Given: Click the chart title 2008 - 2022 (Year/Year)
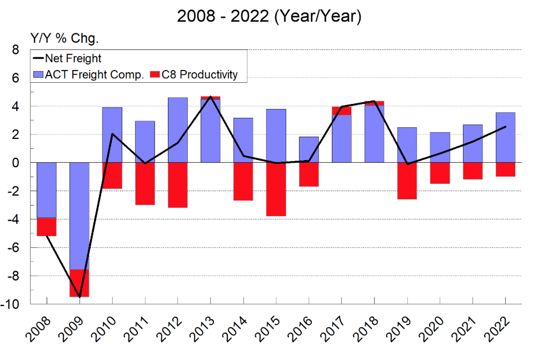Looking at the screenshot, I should pos(269,17).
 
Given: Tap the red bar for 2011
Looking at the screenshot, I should pos(145,183).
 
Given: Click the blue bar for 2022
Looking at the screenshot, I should pos(505,138).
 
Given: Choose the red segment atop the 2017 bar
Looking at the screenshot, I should pos(341,111).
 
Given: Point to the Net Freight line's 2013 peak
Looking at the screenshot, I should pos(211,97).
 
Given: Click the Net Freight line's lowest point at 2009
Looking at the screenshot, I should pos(79,297).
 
